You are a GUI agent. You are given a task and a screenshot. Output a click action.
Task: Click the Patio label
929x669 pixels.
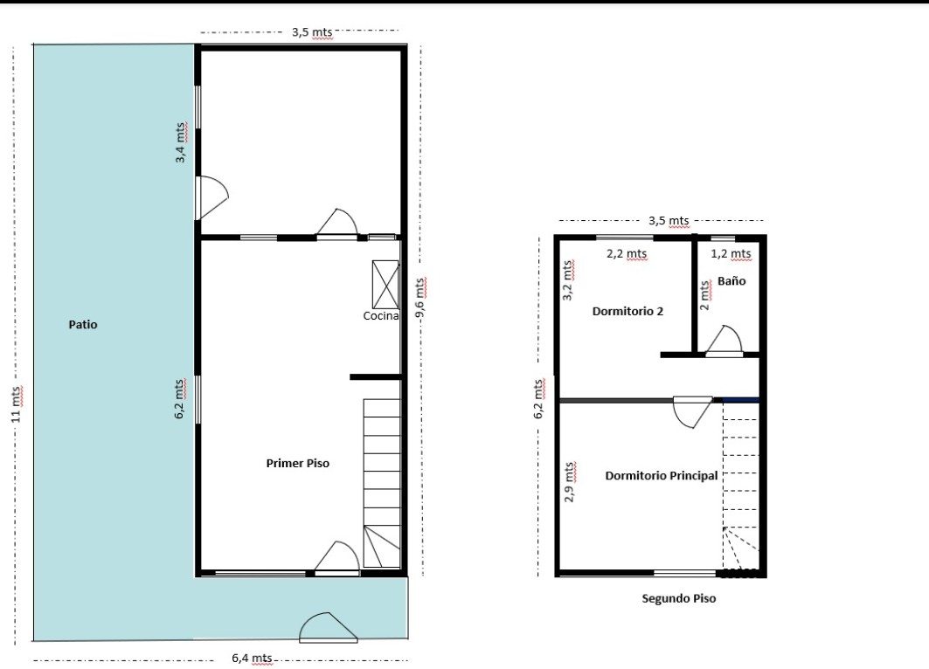coord(83,324)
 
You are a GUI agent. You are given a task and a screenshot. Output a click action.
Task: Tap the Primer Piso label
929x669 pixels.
coord(297,463)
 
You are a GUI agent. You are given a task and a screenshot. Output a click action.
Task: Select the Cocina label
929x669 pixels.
coord(381,315)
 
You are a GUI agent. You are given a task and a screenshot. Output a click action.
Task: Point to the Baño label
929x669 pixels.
coord(731,280)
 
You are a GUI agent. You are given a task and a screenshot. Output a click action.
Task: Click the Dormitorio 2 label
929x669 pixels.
coord(627,311)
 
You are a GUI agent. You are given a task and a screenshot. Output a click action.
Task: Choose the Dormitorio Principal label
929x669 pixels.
coord(662,475)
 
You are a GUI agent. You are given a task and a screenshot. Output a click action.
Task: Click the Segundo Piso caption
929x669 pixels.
coord(679,598)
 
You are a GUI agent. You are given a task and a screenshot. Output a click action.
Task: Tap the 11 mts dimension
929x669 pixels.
coord(17,403)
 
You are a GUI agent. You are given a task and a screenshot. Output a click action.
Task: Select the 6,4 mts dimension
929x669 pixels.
coord(252,658)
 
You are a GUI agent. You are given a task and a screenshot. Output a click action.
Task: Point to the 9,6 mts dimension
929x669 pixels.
coord(420,298)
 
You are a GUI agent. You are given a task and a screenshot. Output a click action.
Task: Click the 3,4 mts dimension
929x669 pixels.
coord(181,142)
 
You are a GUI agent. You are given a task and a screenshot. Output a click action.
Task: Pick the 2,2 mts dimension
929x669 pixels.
coord(627,254)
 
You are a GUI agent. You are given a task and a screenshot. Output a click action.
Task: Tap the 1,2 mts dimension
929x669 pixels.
coord(731,254)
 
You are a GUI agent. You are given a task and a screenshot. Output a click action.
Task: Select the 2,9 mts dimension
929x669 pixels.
coord(569,482)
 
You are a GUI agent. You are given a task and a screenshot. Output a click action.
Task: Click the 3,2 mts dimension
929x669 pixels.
coord(567,280)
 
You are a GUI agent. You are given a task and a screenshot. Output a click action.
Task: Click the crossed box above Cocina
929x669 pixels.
coord(385,284)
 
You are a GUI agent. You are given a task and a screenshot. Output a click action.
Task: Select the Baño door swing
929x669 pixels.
coord(724,341)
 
